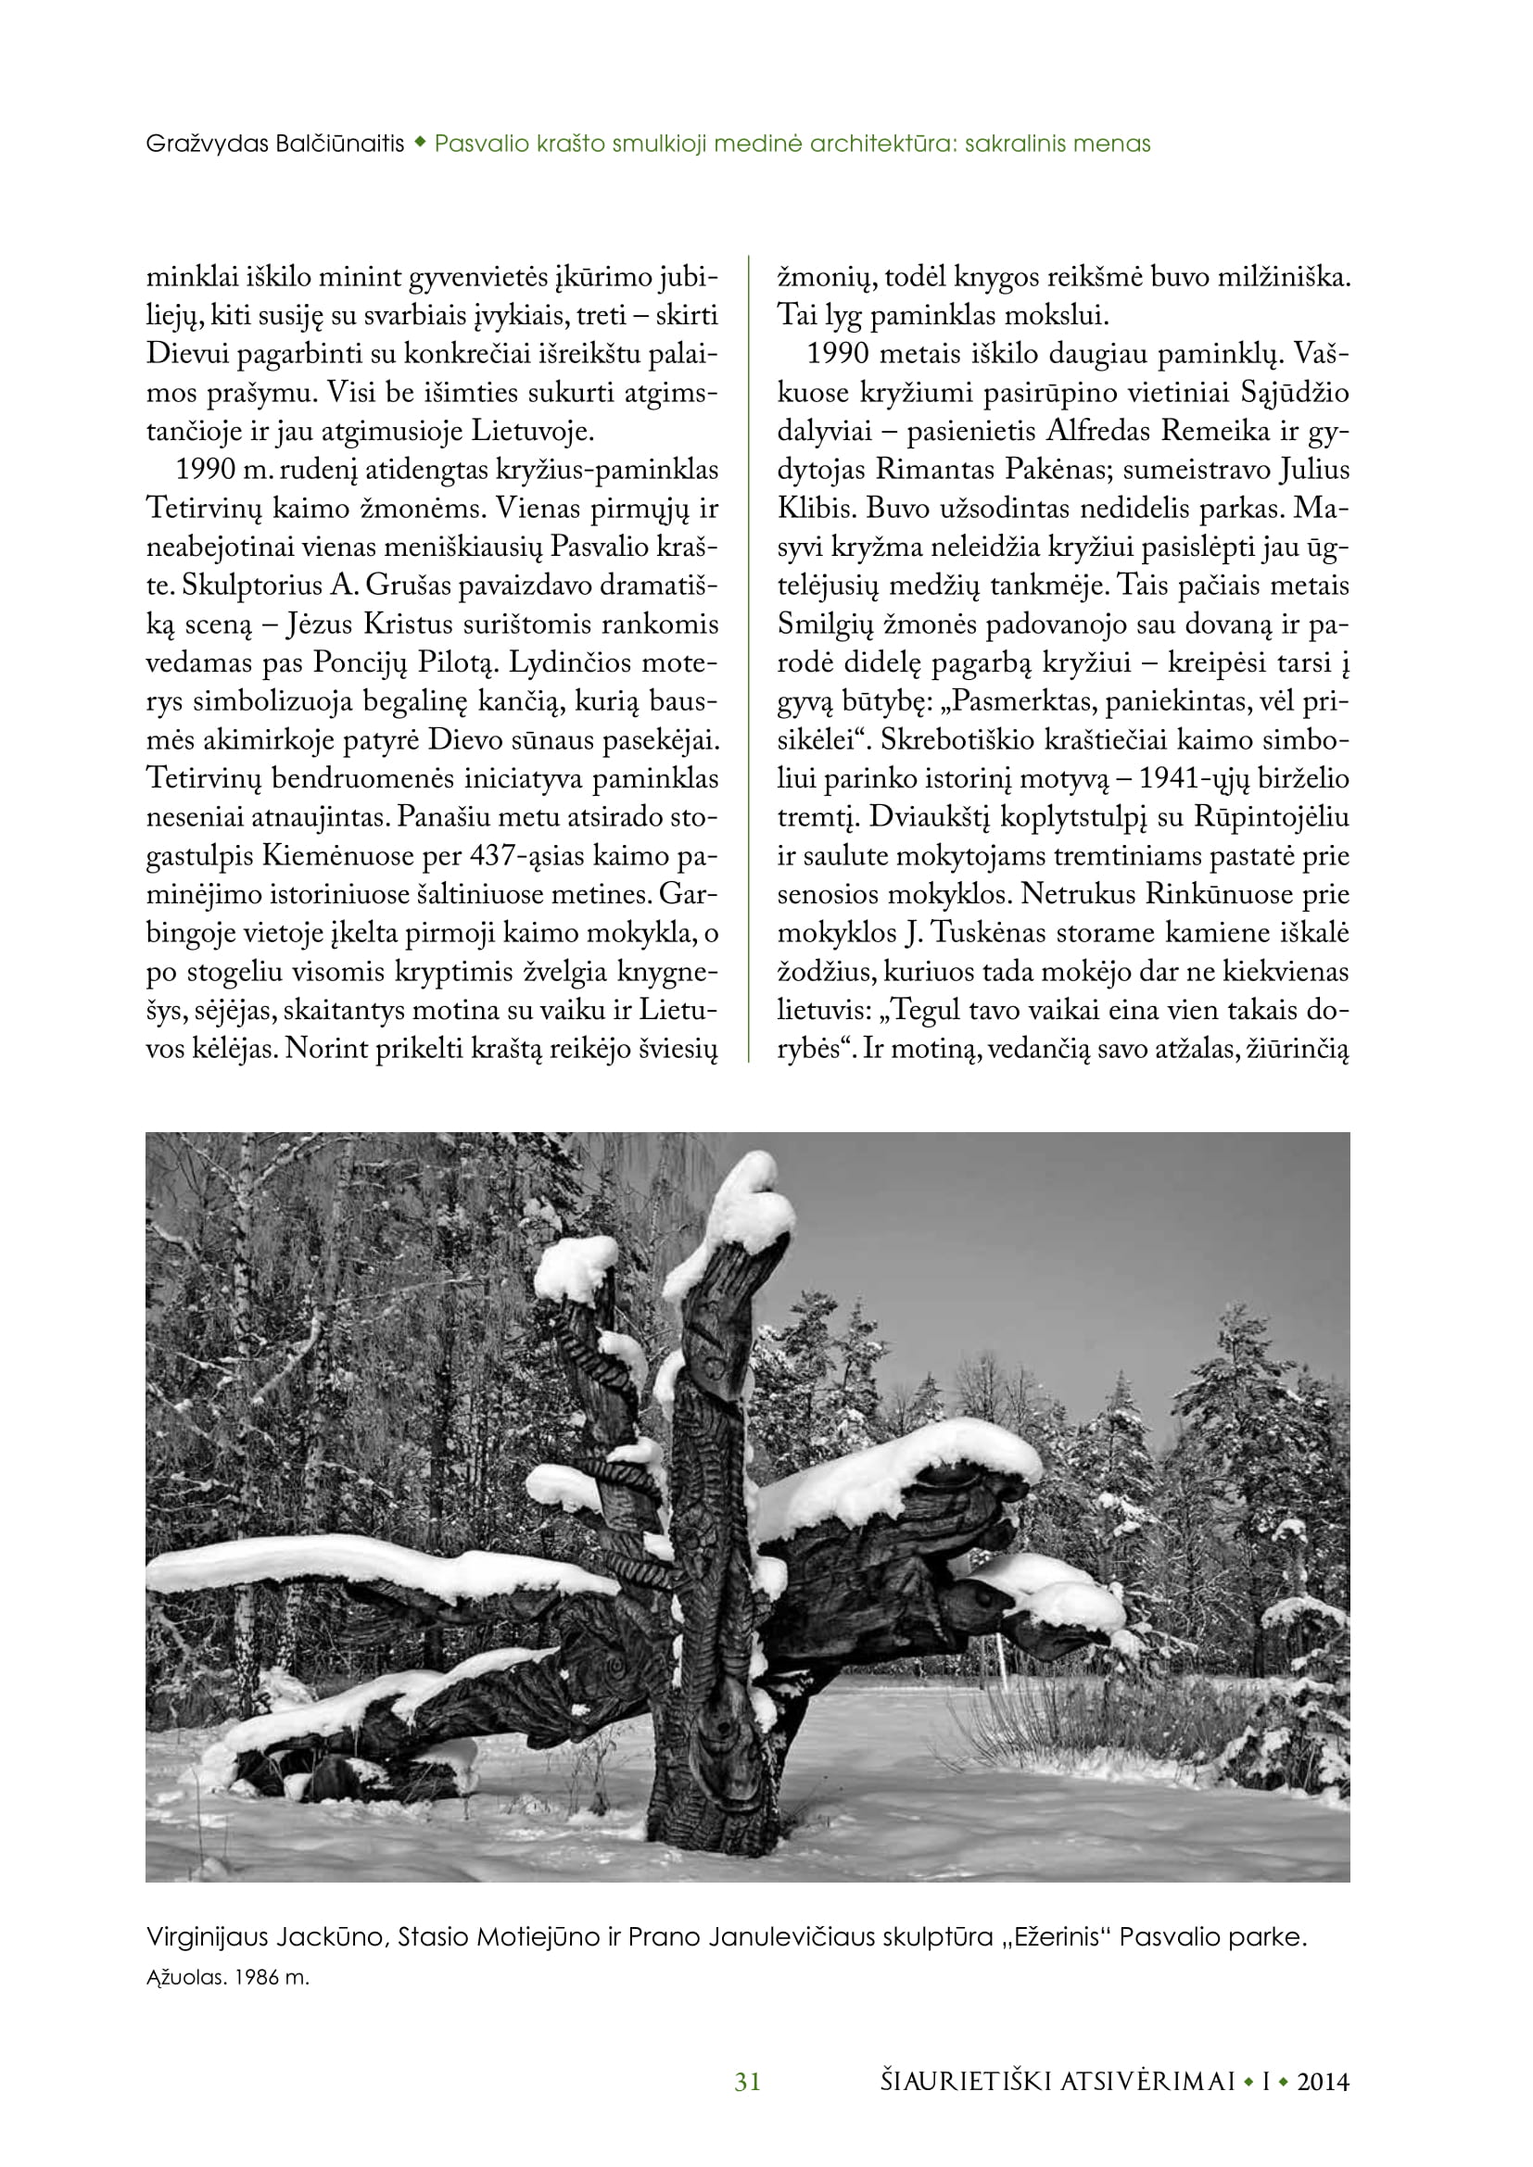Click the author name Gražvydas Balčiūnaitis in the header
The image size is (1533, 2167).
tap(274, 145)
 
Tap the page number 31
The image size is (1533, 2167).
tap(748, 2081)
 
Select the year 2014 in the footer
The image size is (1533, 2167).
tap(1323, 2081)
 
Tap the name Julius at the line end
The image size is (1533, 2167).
tap(1313, 470)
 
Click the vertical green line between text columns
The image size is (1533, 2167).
tap(748, 661)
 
